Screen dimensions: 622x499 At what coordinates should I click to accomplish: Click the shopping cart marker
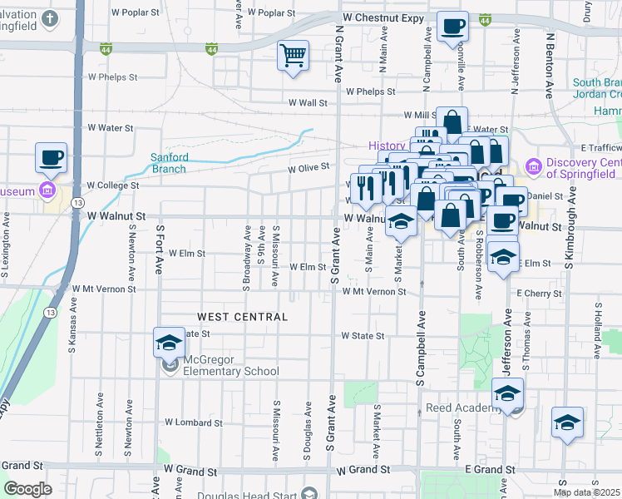293,57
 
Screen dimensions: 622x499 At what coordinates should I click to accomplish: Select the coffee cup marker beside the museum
51,158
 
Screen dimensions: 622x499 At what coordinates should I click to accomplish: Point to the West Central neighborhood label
243,317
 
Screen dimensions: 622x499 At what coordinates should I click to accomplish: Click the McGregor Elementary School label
221,371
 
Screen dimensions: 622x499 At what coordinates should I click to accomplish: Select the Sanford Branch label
169,163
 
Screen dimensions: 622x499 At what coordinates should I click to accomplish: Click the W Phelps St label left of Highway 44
111,77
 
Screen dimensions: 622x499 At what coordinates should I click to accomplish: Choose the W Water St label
110,128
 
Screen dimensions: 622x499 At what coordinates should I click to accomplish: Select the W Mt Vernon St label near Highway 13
104,289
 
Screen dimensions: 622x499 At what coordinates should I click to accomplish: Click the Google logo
27,490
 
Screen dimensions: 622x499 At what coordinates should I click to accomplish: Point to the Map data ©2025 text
586,492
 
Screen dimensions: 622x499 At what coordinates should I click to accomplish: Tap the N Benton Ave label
549,65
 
